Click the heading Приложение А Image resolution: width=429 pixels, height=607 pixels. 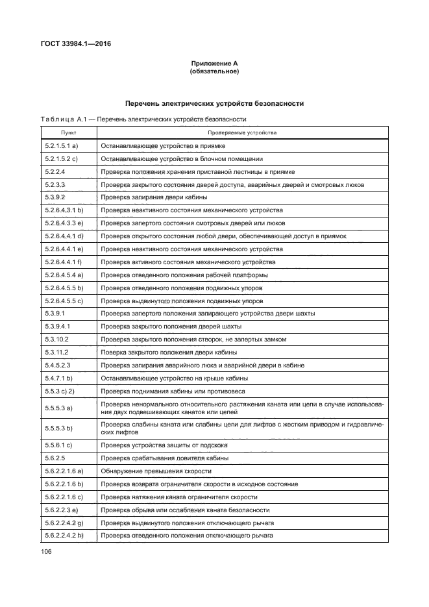(214, 63)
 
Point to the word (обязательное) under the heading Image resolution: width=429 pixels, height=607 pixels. (214, 71)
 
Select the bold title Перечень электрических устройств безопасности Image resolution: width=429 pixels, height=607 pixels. (214, 103)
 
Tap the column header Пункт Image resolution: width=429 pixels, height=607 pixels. (69, 132)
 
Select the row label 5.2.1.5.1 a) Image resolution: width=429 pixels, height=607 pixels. (62, 146)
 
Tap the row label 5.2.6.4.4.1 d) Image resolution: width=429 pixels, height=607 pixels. (64, 236)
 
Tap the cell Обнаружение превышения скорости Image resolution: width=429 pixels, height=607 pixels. (156, 471)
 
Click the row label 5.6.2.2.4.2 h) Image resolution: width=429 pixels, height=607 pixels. (66, 535)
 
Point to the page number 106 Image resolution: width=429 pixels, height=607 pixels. (46, 552)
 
